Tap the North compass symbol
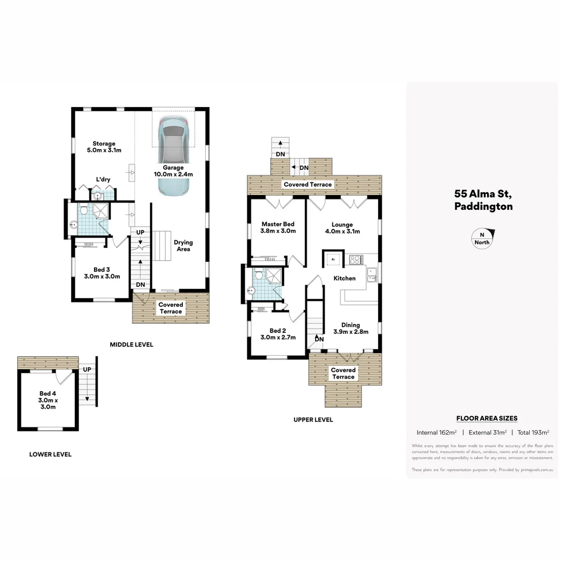pos(482,238)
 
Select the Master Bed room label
pos(278,228)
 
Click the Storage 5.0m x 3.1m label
pos(104,147)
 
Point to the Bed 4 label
pos(47,400)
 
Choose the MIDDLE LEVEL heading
pos(131,344)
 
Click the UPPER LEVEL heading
pos(313,420)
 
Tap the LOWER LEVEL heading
pos(50,455)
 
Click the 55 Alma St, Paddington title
pos(483,201)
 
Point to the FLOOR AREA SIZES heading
pos(487,418)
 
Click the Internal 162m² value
pos(436,432)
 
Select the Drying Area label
pos(183,246)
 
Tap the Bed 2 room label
pos(278,334)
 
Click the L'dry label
pos(103,180)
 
